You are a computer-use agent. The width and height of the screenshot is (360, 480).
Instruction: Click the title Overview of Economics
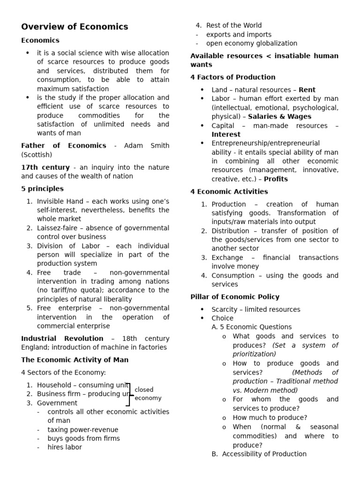75,27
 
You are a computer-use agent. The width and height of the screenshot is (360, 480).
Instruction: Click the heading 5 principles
42,189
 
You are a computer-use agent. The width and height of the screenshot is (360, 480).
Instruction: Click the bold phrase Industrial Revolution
62,338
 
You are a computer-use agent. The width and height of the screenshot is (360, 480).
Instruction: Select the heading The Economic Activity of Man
75,360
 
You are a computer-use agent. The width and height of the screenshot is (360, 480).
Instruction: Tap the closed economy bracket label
147,394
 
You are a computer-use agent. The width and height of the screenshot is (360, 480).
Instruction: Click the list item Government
57,403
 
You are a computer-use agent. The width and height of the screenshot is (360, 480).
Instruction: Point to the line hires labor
65,447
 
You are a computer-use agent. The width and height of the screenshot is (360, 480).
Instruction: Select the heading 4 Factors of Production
232,77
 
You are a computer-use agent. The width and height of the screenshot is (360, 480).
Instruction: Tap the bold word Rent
307,90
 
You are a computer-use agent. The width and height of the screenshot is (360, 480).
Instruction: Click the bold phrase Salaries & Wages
279,117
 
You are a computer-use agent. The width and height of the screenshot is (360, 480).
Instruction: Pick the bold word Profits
276,179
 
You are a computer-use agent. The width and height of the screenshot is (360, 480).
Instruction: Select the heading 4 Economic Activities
229,192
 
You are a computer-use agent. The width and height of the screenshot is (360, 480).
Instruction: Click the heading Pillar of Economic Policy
234,297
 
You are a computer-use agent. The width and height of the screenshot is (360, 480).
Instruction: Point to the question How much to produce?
270,418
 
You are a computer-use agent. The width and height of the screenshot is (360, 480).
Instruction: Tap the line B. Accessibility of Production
259,454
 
